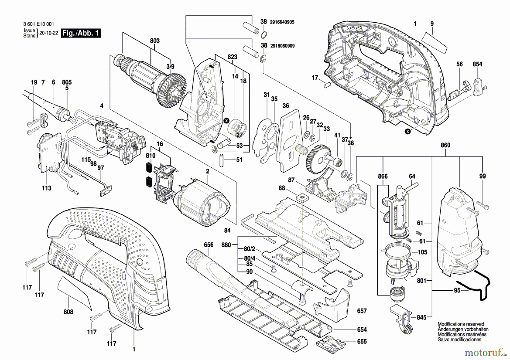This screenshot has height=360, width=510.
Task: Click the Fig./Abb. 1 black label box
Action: point(81,33)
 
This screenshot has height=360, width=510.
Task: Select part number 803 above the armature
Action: point(155,41)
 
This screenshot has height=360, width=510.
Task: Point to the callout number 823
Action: point(232,57)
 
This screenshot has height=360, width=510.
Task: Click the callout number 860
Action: point(445,145)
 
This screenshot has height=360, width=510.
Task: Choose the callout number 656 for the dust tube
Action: point(209,245)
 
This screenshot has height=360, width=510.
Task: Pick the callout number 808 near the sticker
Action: point(68,312)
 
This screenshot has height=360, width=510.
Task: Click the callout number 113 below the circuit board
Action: point(46,188)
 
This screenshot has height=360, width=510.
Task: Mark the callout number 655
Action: point(362,342)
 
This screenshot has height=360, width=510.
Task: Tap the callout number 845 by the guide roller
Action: point(421,318)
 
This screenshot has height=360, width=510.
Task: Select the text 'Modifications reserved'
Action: point(461,324)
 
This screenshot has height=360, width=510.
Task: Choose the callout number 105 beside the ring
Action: point(422,252)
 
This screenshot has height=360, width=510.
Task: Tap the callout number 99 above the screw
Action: point(483,176)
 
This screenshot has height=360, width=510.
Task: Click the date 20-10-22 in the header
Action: point(48,33)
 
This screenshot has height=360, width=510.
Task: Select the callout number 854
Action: point(477,64)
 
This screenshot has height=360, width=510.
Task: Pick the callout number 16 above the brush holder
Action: point(160,144)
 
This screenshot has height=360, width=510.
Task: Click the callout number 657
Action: point(362,311)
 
